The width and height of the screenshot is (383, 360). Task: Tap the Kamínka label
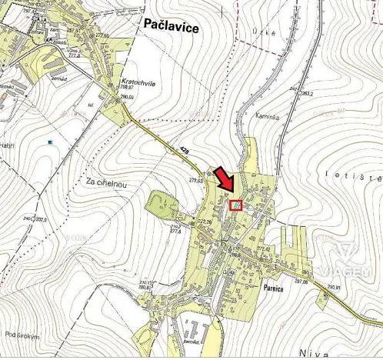(266, 115)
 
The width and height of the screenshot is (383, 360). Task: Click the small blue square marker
(50, 142)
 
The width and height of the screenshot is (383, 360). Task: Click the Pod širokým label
(22, 335)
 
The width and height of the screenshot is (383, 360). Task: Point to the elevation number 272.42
(264, 248)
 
